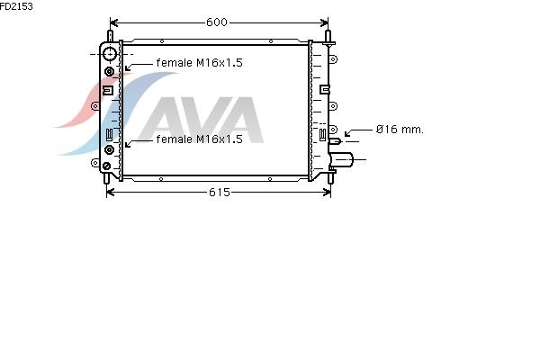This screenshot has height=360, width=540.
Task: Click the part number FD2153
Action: [x=16, y=6]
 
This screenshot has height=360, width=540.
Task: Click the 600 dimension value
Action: [x=217, y=22]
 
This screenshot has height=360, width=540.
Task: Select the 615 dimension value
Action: [x=219, y=193]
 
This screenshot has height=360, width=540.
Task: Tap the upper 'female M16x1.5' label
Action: [x=199, y=63]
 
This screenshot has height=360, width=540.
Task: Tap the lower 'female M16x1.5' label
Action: [x=199, y=139]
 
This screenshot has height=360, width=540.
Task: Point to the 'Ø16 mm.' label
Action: [x=400, y=130]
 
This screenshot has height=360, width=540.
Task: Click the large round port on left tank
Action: [x=110, y=54]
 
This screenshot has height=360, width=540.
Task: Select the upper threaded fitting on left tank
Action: [x=109, y=72]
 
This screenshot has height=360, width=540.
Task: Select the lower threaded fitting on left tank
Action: [x=109, y=150]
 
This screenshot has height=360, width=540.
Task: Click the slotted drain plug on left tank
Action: [x=107, y=166]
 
